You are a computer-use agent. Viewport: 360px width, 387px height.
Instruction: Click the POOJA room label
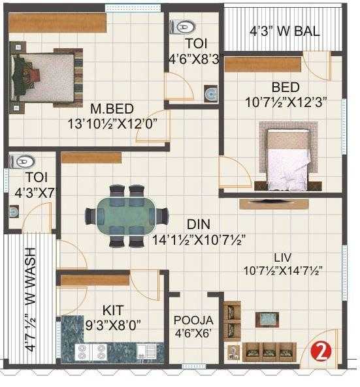pyautogui.click(x=193, y=320)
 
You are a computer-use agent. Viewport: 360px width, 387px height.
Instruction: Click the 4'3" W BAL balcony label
pyautogui.click(x=282, y=31)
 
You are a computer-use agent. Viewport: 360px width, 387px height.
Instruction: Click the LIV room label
pyautogui.click(x=283, y=256)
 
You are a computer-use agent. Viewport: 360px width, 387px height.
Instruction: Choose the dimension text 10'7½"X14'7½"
pyautogui.click(x=284, y=270)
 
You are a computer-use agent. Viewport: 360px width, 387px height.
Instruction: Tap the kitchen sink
pyautogui.click(x=151, y=352)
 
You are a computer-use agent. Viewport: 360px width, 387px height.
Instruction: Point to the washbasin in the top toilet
pyautogui.click(x=210, y=94)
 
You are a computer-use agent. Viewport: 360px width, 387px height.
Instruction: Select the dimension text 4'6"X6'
pyautogui.click(x=193, y=333)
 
